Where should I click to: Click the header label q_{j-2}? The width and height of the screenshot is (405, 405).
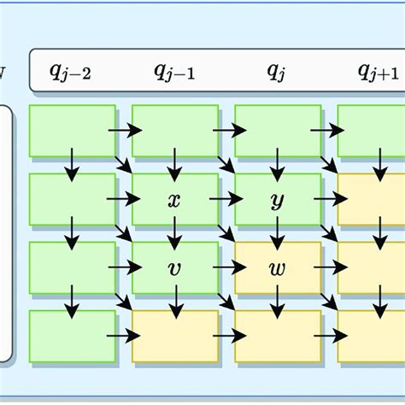[x=71, y=72]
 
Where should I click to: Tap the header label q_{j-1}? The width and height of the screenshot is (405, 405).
[x=174, y=72]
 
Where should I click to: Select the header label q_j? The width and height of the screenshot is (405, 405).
[x=275, y=72]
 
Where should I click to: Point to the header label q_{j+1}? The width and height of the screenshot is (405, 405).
[x=379, y=72]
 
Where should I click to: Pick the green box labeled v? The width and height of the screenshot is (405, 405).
[x=174, y=267]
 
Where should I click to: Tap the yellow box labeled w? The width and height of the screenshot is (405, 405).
[x=277, y=267]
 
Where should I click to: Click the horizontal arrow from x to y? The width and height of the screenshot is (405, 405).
[x=225, y=199]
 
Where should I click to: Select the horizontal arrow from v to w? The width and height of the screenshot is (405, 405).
[x=225, y=267]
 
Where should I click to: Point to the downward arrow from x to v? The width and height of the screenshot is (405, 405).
[x=175, y=232]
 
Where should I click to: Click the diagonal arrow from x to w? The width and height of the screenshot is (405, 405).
[x=227, y=232]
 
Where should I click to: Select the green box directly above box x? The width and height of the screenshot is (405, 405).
[x=174, y=131]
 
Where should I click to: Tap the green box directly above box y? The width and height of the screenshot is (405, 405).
[x=277, y=131]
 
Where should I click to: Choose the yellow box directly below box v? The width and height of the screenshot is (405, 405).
[x=174, y=336]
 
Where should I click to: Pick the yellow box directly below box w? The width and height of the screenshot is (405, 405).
[x=277, y=336]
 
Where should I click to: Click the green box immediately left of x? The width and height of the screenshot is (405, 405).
[x=72, y=199]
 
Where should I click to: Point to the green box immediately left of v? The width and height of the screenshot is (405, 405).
[x=72, y=267]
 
